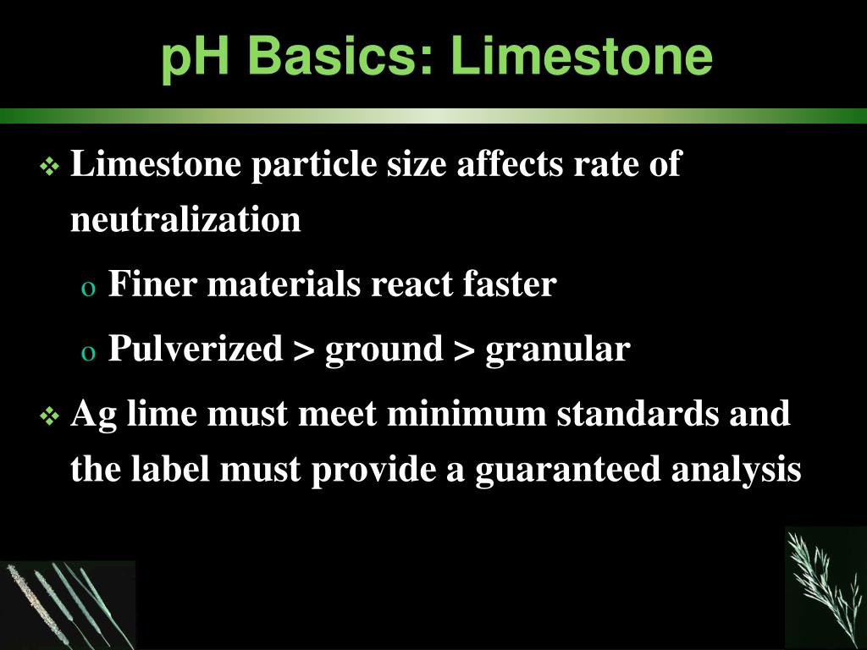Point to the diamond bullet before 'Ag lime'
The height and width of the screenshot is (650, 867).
tap(49, 416)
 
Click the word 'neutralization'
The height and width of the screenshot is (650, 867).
tap(185, 220)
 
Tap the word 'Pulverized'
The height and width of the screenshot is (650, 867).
tap(196, 349)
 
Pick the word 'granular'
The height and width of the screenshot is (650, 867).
tap(557, 349)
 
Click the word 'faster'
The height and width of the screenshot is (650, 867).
tap(509, 284)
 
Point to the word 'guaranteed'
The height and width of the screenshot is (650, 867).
tap(570, 471)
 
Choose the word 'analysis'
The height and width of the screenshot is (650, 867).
tap(736, 471)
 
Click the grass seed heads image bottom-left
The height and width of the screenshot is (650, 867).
tap(68, 604)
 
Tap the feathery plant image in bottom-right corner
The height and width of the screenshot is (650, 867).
tap(826, 588)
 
